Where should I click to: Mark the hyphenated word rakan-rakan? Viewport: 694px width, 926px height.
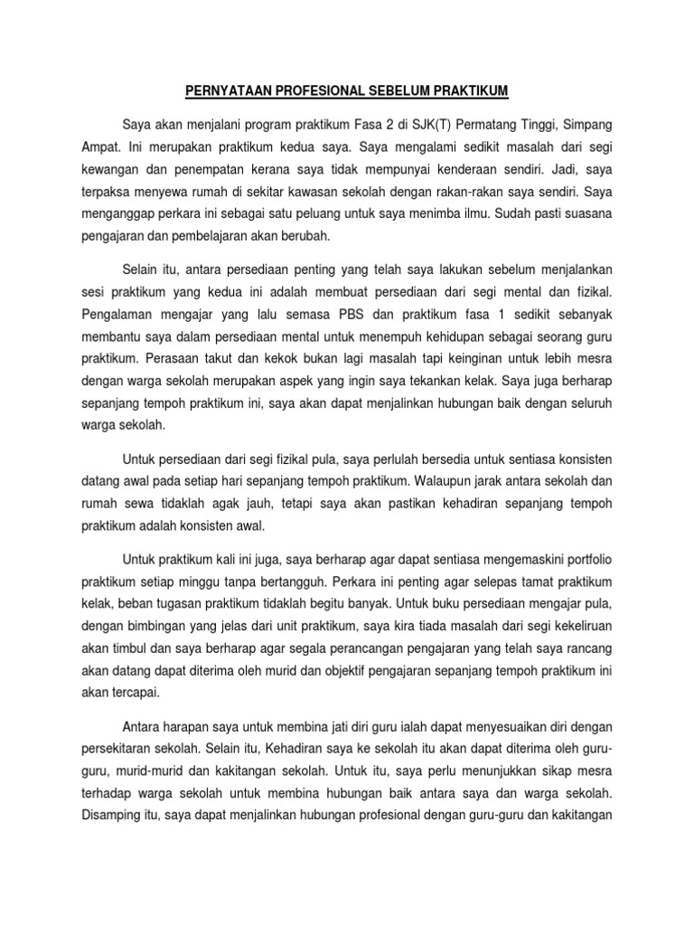click(472, 193)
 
